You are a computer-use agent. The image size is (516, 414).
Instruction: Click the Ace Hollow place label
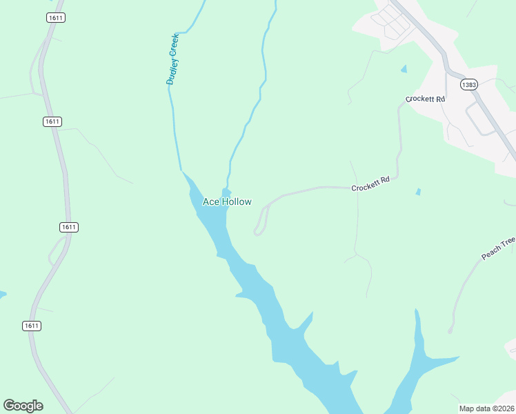coord(226,201)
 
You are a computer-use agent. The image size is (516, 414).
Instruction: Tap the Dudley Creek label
coord(172,59)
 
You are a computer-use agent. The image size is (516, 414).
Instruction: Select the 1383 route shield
coord(469,85)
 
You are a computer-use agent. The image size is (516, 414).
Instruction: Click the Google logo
coord(23,406)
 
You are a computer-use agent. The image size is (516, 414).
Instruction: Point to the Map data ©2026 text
coord(487,408)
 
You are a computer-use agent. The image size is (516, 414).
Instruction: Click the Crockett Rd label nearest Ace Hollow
coord(370,184)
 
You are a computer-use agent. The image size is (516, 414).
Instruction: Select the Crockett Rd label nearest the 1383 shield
coord(425,99)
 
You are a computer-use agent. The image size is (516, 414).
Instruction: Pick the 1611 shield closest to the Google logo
coord(31,326)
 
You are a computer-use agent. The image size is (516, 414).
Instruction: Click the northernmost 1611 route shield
coord(57,17)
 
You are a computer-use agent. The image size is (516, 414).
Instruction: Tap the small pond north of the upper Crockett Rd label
coord(404,69)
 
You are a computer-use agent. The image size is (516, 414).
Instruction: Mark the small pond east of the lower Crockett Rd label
coord(418,192)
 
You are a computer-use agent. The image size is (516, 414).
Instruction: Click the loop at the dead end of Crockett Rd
coord(259,230)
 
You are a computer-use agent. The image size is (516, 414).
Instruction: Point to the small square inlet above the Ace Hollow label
coord(226,191)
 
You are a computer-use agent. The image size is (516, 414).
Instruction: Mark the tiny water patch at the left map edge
coord(2,295)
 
